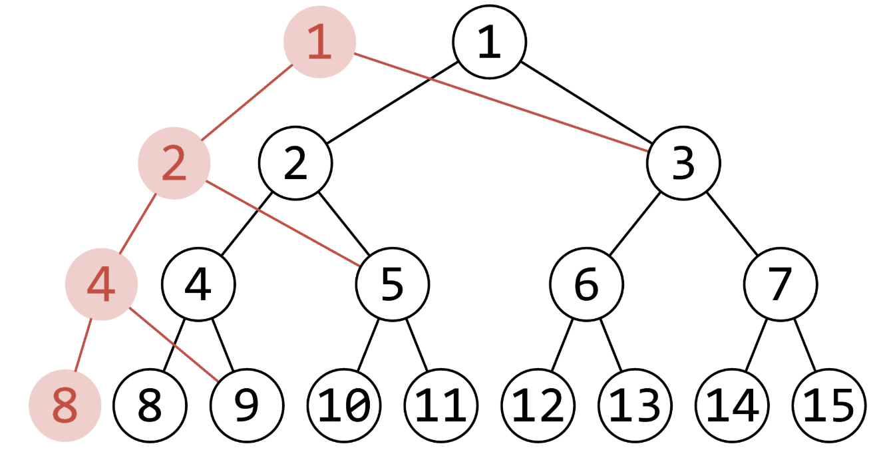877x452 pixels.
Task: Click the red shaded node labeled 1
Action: pos(319,42)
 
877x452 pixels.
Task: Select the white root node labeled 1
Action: pos(489,41)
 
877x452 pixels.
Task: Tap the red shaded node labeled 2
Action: pos(174,162)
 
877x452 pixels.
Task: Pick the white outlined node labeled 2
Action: pos(295,162)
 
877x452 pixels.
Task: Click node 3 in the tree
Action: pos(683,162)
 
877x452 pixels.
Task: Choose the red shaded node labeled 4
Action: pos(101,284)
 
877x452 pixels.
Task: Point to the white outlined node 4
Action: pos(198,284)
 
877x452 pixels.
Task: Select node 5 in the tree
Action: pos(392,284)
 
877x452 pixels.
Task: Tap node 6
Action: pos(586,284)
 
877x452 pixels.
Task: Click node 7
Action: pos(780,284)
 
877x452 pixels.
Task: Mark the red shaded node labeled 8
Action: pos(65,405)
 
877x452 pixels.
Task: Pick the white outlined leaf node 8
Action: pos(150,405)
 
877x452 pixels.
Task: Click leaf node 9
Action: pos(247,405)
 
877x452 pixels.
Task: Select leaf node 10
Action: pos(343,405)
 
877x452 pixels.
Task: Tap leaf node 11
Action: pos(440,405)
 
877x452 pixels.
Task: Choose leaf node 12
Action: pos(538,405)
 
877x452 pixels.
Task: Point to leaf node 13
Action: pos(634,405)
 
